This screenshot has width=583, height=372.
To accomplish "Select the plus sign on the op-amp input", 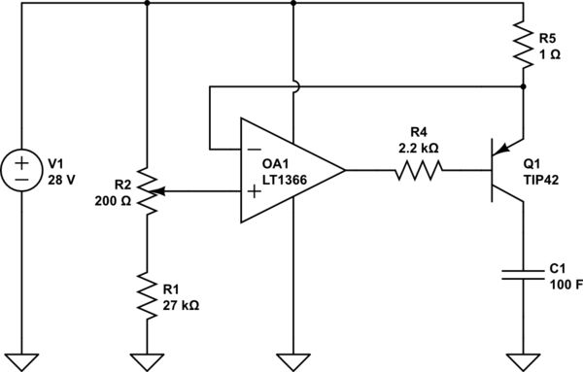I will click(x=255, y=191).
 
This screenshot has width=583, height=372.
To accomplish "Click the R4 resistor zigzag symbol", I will click(x=419, y=171).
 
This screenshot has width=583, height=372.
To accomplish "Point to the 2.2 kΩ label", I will click(x=419, y=148).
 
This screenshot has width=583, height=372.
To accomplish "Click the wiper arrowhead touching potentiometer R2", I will click(x=158, y=191).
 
